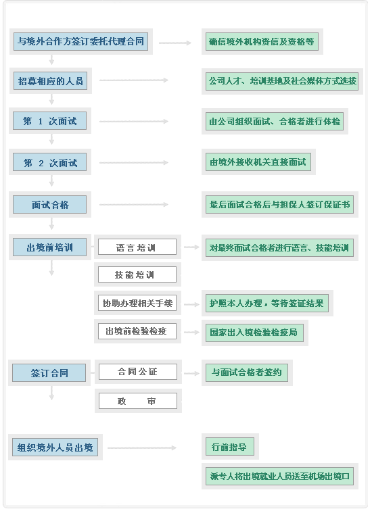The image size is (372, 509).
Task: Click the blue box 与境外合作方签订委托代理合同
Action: [81, 41]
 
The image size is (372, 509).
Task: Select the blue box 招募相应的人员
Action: [50, 81]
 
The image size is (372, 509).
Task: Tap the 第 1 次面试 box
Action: [49, 121]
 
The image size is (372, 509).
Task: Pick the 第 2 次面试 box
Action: [49, 162]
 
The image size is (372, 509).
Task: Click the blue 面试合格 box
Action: [49, 205]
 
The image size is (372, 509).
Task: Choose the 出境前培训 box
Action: [49, 247]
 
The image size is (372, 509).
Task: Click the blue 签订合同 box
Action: [49, 372]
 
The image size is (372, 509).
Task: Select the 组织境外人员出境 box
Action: [55, 447]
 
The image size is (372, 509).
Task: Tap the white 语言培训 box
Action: [137, 247]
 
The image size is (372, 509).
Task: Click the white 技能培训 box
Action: [137, 274]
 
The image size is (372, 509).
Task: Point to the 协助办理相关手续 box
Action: [137, 303]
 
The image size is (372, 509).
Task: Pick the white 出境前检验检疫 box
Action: [137, 331]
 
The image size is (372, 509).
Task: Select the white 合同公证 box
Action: [138, 372]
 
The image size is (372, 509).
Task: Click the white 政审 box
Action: [138, 401]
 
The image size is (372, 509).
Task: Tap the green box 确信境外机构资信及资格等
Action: [262, 41]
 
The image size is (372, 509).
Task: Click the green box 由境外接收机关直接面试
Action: [258, 162]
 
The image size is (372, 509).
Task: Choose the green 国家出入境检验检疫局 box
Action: [254, 333]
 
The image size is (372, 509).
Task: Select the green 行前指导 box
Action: [230, 447]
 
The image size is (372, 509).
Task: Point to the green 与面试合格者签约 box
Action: [247, 372]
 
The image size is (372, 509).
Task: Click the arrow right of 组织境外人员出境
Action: [142, 447]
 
